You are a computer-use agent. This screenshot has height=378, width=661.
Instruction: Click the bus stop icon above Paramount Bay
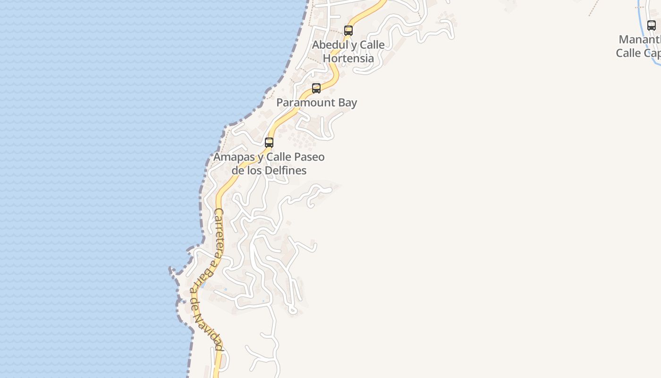(x=316, y=88)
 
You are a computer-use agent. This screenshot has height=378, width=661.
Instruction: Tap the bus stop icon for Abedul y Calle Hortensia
(x=348, y=31)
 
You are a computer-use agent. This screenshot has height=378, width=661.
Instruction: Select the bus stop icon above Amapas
(x=269, y=142)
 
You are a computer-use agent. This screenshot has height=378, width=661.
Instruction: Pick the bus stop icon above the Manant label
(x=652, y=26)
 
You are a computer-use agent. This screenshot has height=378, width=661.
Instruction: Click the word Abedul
(x=329, y=45)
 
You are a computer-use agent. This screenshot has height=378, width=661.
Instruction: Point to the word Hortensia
(x=348, y=59)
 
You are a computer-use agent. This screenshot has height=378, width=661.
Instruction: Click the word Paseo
(x=309, y=157)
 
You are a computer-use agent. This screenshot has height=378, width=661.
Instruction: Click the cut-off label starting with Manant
(x=639, y=40)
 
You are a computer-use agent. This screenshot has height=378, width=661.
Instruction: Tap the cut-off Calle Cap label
(x=638, y=53)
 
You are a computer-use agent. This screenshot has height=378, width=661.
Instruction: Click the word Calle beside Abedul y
(x=372, y=45)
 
